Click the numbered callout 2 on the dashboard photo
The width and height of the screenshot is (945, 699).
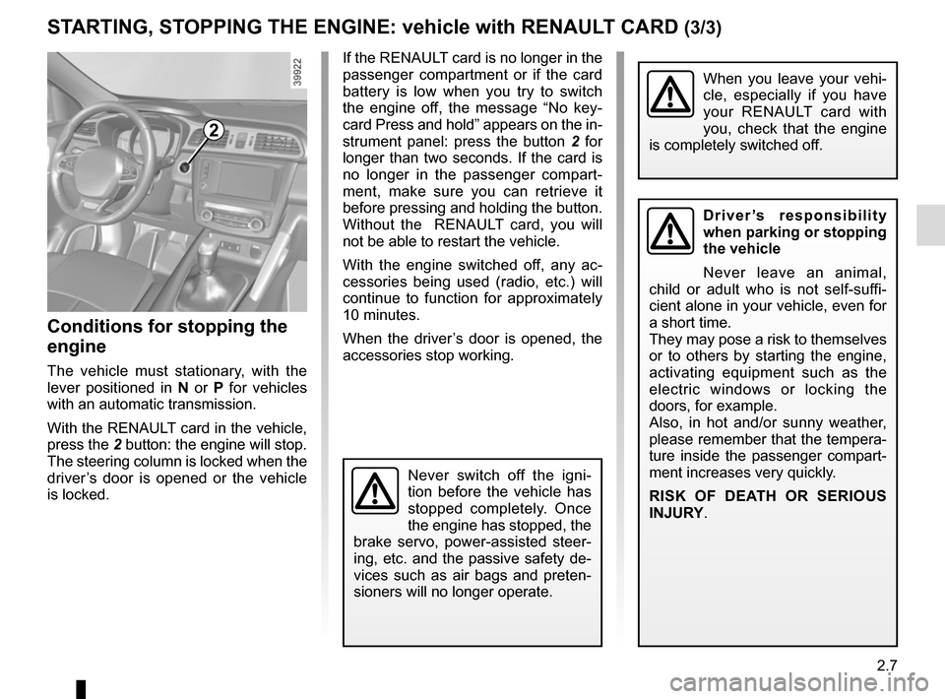[213, 131]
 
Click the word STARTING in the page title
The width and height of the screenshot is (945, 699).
[94, 27]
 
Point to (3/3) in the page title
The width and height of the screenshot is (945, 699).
[702, 29]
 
